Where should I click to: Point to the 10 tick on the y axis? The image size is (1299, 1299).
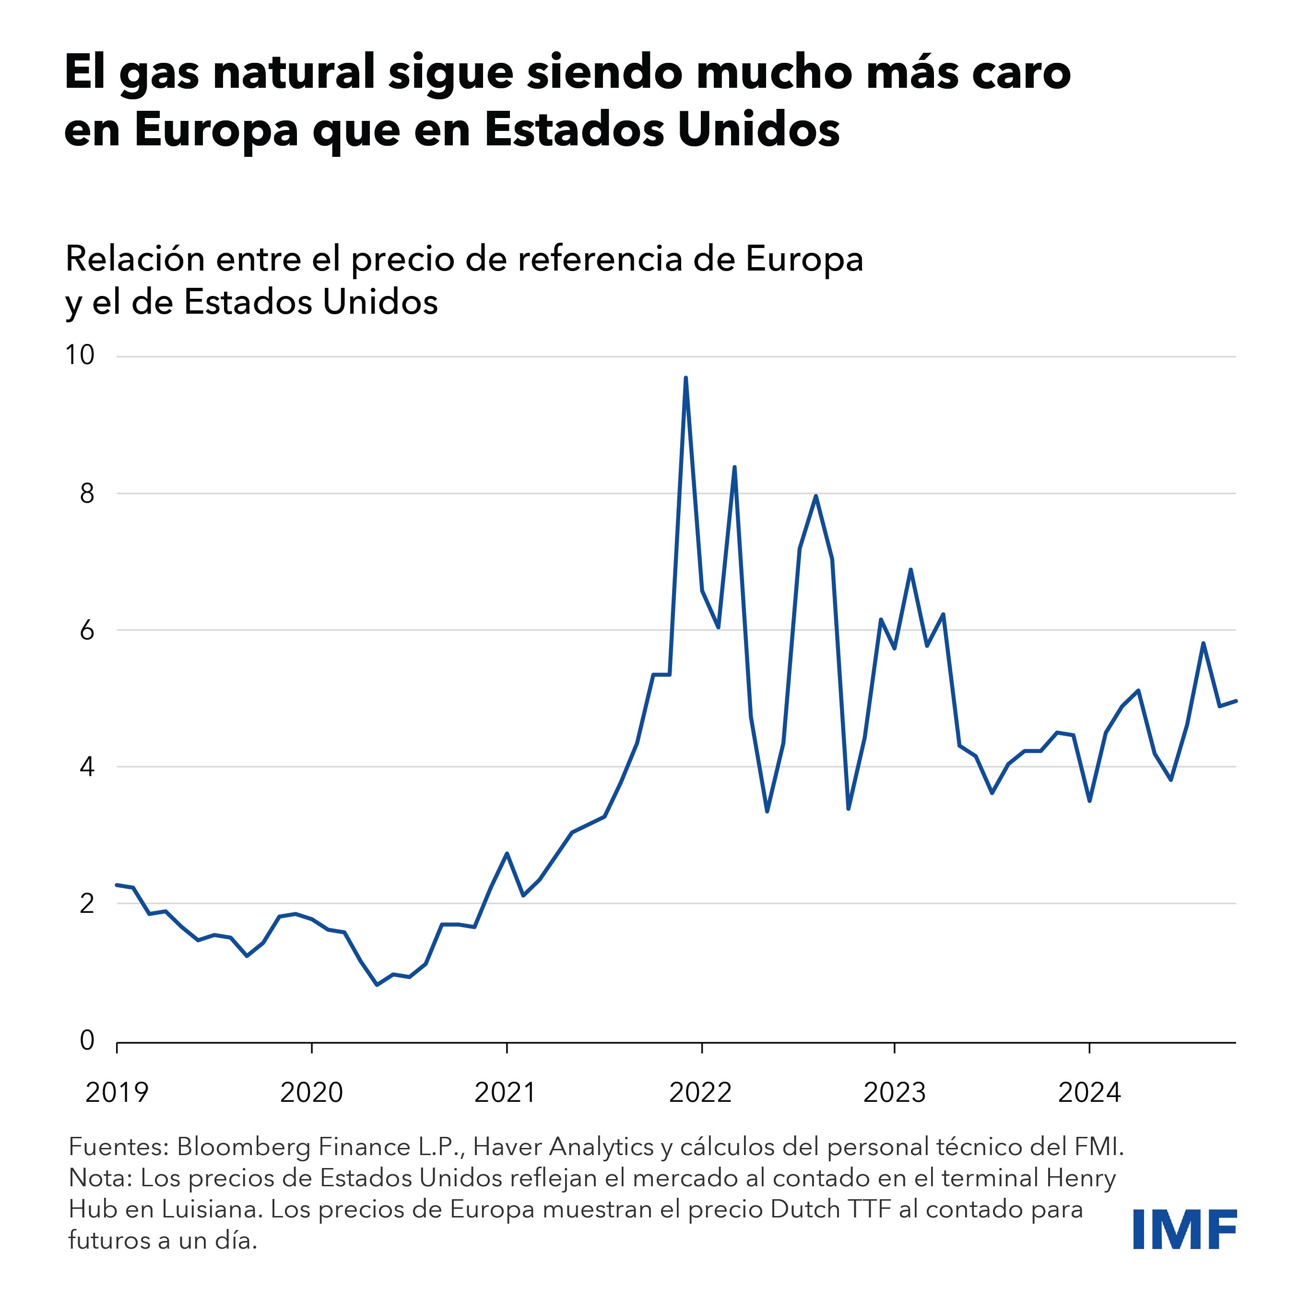79,355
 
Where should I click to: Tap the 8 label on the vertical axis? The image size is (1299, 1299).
87,494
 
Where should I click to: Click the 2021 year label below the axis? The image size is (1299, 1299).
506,1093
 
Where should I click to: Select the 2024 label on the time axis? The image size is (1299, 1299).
1089,1093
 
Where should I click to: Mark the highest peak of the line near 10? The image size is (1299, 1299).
685,378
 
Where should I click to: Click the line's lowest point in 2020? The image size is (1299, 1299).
377,985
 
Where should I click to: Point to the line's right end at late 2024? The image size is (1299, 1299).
1236,701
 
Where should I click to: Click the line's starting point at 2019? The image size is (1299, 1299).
117,885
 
